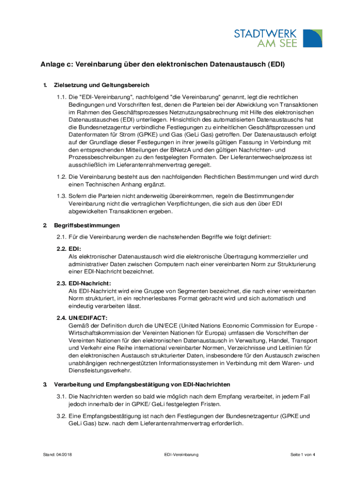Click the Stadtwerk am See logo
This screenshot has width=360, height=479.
pyautogui.click(x=278, y=38)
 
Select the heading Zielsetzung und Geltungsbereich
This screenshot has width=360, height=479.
pyautogui.click(x=101, y=85)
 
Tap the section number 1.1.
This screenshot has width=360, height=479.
pyautogui.click(x=61, y=97)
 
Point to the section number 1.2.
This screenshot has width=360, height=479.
pyautogui.click(x=61, y=177)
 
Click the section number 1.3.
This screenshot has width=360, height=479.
pyautogui.click(x=61, y=196)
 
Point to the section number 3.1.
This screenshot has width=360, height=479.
pyautogui.click(x=61, y=397)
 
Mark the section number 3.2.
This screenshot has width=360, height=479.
pyautogui.click(x=61, y=415)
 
